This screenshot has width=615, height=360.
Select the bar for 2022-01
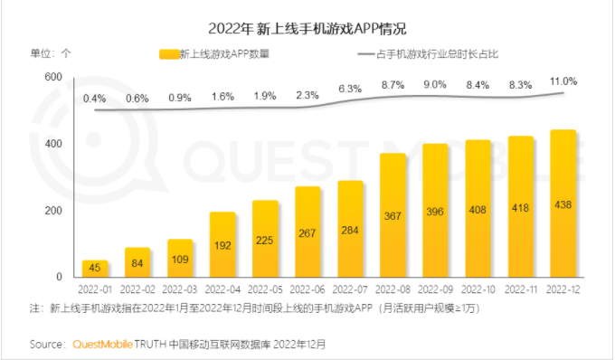coord(96,269)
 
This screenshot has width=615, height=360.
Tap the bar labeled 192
coord(223,244)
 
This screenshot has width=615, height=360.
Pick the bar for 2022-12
coord(563,204)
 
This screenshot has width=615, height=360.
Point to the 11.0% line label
coord(563,82)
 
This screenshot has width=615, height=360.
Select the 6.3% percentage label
coord(351,89)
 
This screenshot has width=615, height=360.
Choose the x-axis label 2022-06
coord(308,290)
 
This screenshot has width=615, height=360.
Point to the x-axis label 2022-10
coord(478,290)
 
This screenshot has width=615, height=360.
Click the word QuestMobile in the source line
coord(102,345)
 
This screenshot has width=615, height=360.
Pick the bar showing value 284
coord(351,229)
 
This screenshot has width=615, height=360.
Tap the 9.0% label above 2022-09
coord(436,84)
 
